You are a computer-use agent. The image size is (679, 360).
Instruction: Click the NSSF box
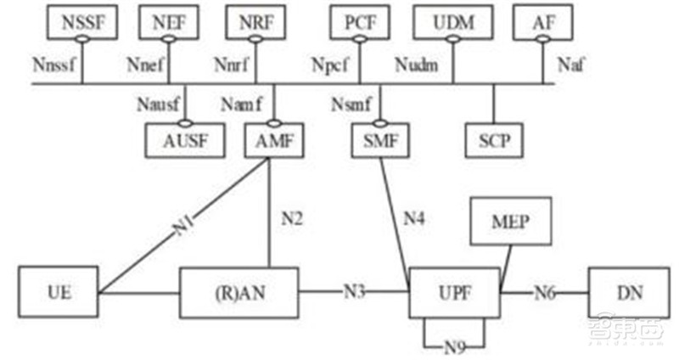click(82, 23)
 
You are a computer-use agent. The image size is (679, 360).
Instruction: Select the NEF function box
click(169, 23)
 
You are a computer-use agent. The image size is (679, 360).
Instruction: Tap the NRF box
click(256, 23)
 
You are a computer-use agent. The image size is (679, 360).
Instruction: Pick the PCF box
click(359, 23)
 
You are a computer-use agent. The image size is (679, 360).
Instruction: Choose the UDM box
click(453, 23)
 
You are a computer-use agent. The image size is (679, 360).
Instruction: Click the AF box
click(543, 23)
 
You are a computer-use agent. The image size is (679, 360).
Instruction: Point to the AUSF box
click(185, 140)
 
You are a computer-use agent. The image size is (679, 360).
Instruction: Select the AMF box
click(274, 140)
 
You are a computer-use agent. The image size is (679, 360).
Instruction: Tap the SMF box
click(380, 140)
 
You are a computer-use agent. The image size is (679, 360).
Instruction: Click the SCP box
click(494, 140)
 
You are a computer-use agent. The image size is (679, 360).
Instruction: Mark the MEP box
click(511, 222)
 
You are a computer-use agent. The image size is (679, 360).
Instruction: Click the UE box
click(58, 292)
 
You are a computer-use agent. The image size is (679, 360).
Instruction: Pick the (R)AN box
click(239, 293)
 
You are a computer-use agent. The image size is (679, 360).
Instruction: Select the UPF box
click(455, 293)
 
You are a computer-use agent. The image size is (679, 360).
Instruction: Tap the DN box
click(629, 292)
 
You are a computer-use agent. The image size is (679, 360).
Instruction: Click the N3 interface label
click(354, 291)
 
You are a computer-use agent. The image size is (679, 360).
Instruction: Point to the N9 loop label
click(455, 347)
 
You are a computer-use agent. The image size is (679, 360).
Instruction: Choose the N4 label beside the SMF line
click(413, 218)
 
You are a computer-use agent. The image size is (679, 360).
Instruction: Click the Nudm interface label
click(417, 65)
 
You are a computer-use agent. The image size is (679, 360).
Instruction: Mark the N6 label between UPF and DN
click(545, 293)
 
